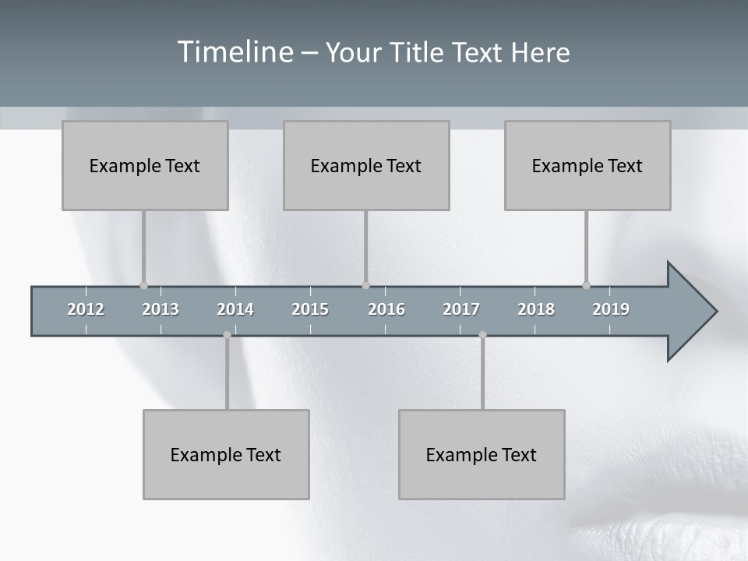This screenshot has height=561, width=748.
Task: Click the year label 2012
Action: click(x=86, y=309)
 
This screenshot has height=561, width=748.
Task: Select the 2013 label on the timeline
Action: click(x=161, y=309)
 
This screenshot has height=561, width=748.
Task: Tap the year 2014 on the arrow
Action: click(x=235, y=309)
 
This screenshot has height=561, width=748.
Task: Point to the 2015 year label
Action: click(x=310, y=309)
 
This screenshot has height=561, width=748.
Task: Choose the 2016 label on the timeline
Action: click(x=386, y=309)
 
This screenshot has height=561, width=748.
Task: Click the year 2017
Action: click(x=461, y=309)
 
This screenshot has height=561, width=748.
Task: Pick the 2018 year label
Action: click(x=536, y=309)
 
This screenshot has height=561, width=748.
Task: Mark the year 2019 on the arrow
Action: click(x=611, y=309)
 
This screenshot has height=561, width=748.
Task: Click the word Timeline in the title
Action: click(x=234, y=52)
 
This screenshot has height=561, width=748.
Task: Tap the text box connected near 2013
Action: click(x=145, y=165)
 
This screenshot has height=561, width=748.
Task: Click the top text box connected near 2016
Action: click(x=366, y=165)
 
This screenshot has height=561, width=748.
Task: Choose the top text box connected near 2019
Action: click(x=587, y=165)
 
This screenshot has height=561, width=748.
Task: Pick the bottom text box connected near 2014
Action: click(x=226, y=454)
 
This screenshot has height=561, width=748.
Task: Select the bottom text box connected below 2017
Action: click(x=482, y=454)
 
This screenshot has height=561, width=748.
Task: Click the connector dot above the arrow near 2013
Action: click(x=143, y=285)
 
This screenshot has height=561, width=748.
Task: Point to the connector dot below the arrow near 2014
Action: click(x=227, y=335)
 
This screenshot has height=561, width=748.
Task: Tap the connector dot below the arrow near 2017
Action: click(x=482, y=335)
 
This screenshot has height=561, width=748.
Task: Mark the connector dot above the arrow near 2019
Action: click(x=586, y=285)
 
